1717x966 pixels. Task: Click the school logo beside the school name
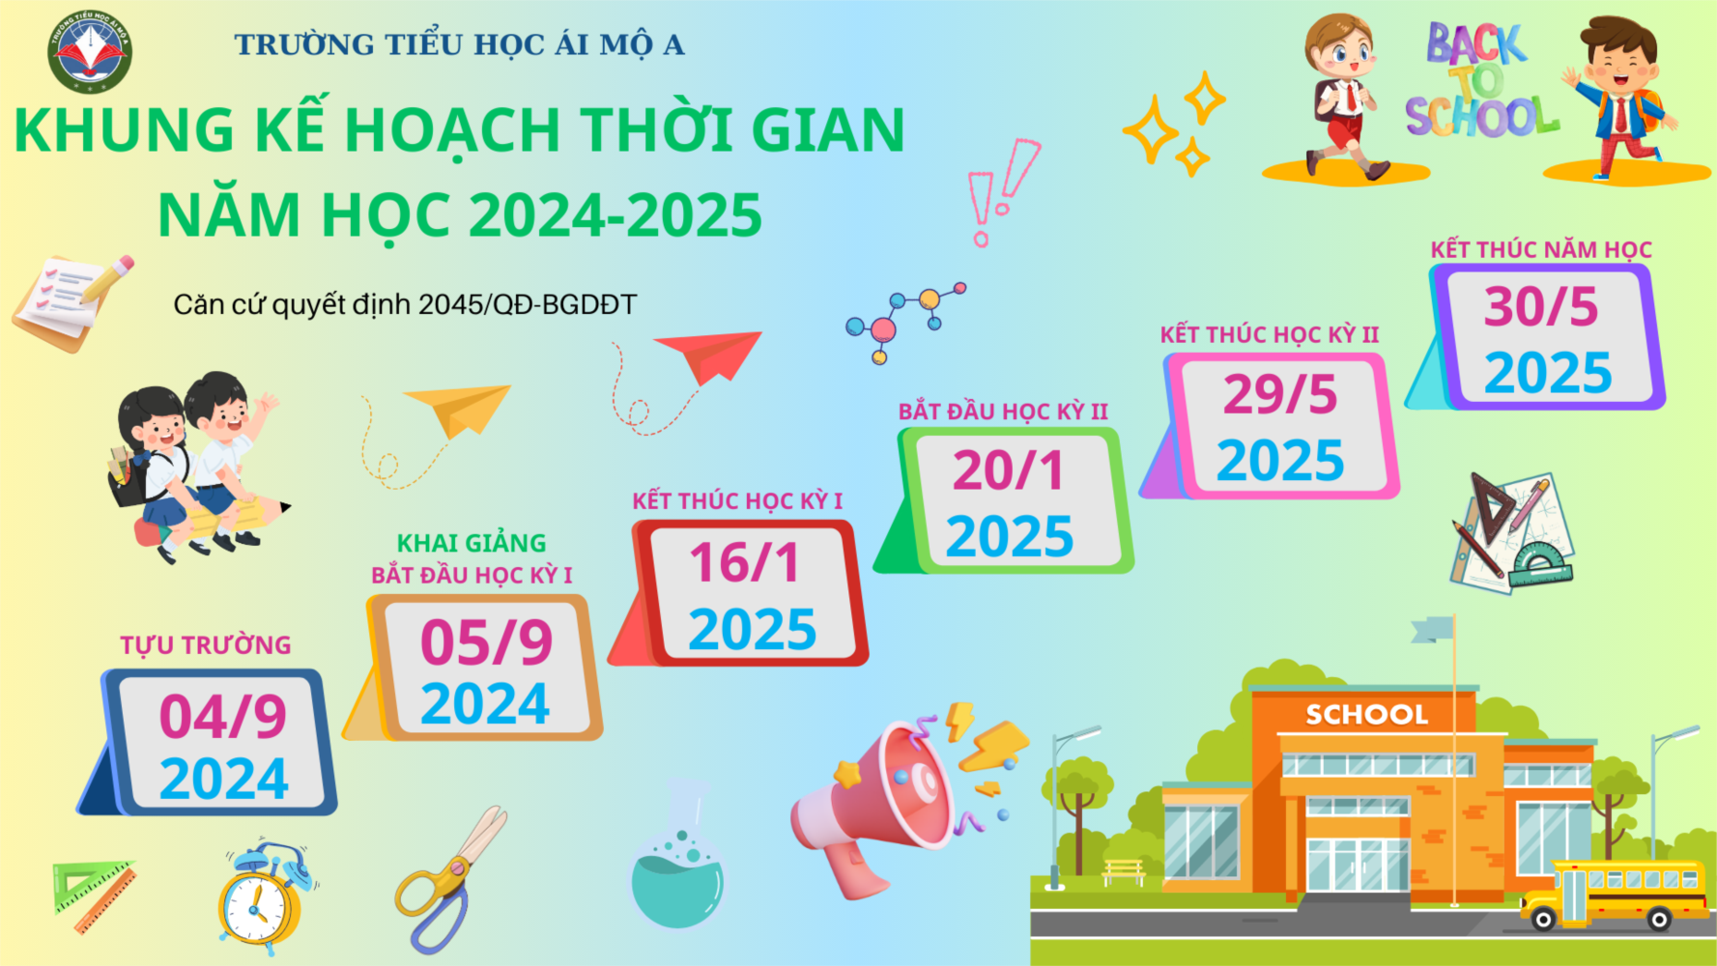pos(90,51)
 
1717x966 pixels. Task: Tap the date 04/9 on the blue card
pos(223,716)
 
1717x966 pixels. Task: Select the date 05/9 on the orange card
pos(486,641)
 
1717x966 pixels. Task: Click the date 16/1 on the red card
pos(744,562)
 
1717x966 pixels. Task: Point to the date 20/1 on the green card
pos(1008,470)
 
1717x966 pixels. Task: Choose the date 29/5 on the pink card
pos(1279,394)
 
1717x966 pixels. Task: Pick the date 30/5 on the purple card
pos(1541,306)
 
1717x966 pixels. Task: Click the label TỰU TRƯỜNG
pos(205,644)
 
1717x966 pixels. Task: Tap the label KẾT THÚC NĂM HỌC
pos(1541,249)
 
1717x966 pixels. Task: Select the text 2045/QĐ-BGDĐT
pos(528,304)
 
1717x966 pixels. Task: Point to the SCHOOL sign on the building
pos(1366,715)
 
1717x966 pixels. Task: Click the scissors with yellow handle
pos(450,878)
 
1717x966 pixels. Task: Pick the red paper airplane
pos(710,355)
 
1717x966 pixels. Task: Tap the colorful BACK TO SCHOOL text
pos(1480,82)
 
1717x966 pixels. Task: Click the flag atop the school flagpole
pos(1432,629)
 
